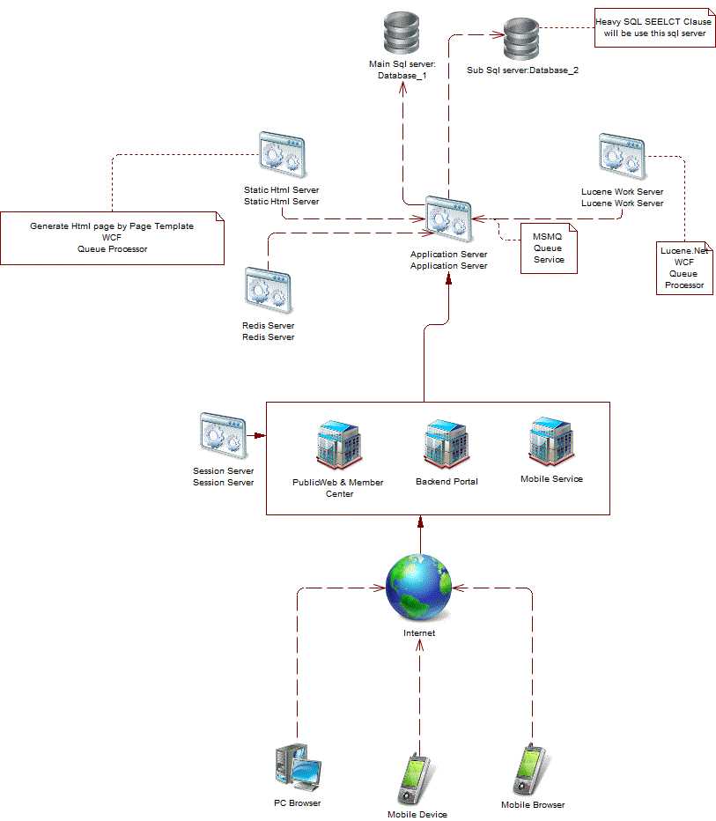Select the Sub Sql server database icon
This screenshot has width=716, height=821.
(521, 39)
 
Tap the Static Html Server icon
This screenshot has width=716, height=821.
(281, 157)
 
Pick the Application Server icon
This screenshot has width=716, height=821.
(448, 218)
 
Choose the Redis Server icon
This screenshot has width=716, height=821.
(268, 292)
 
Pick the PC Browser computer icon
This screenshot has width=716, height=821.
(297, 767)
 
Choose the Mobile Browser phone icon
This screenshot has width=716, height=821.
(530, 771)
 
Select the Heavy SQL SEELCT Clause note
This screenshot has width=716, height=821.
(653, 27)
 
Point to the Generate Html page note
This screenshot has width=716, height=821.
(112, 238)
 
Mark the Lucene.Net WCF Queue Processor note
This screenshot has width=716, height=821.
(684, 268)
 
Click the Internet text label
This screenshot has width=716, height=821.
(419, 633)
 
